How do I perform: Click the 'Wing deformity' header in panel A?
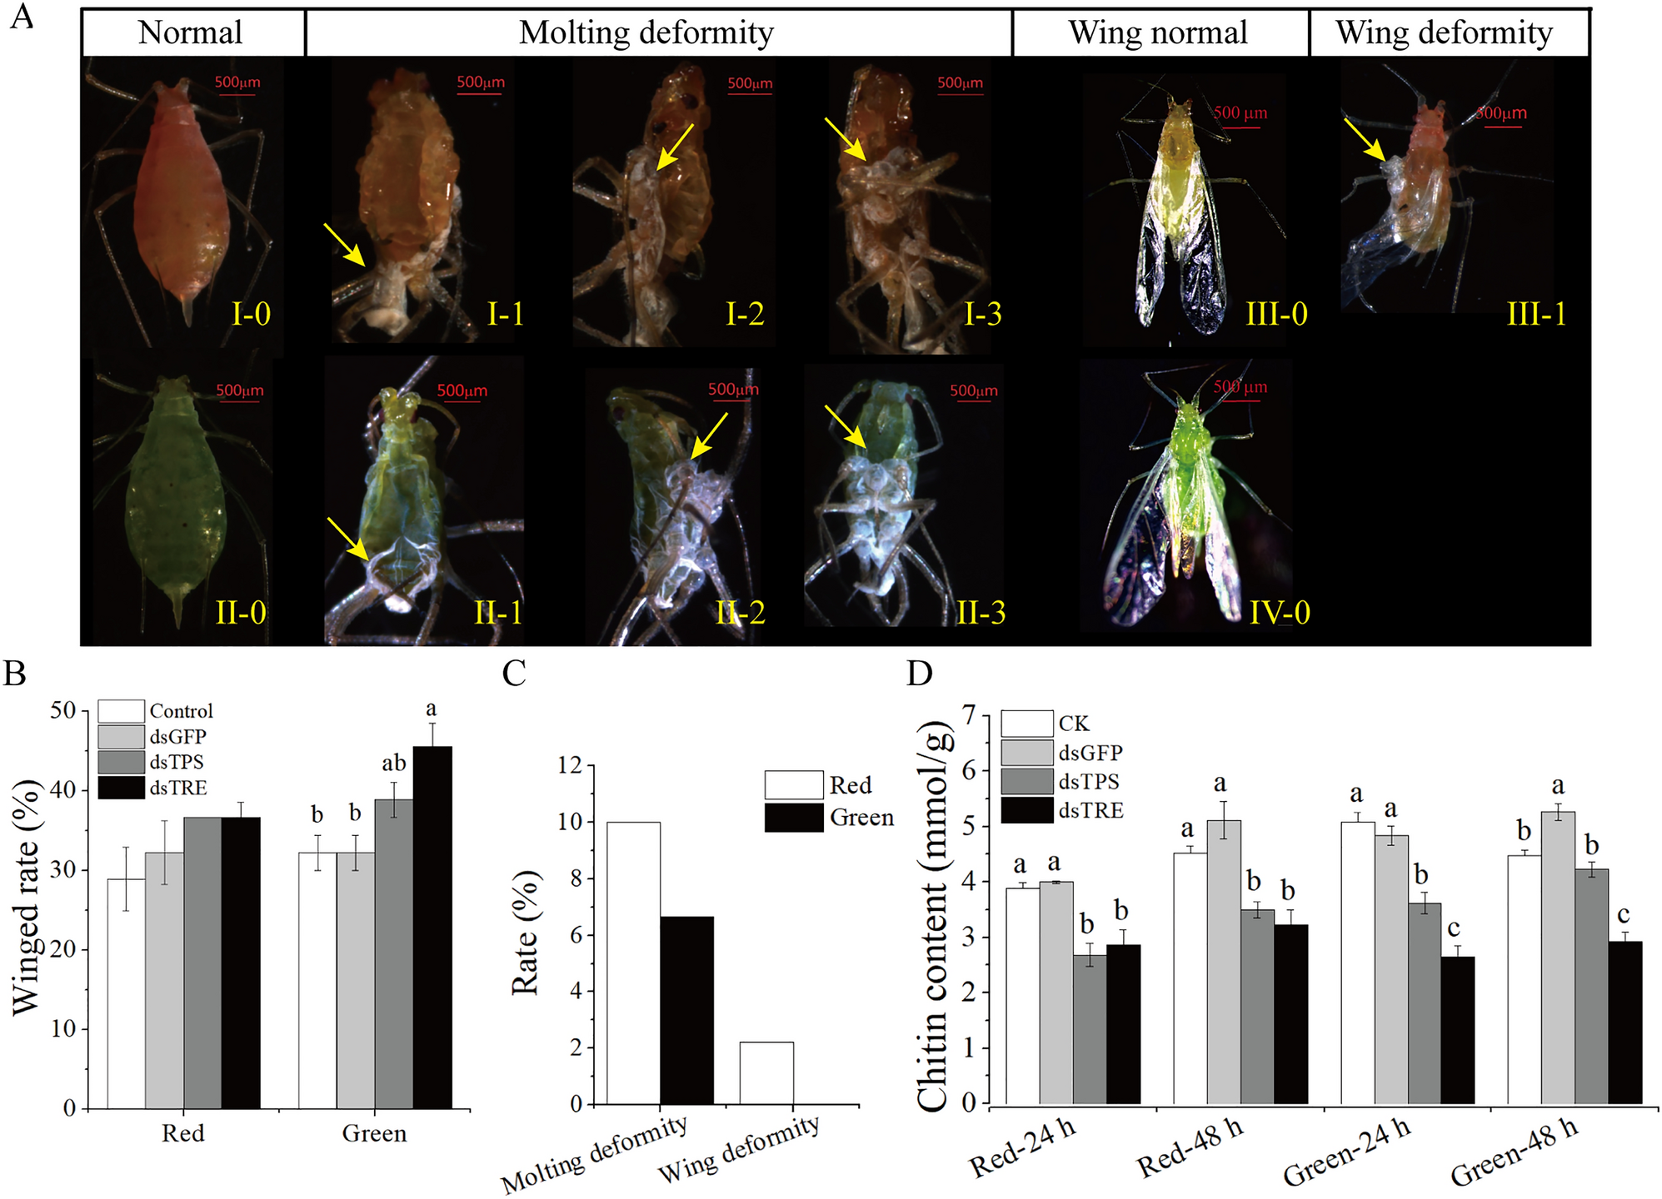point(1444,33)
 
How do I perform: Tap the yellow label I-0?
point(251,315)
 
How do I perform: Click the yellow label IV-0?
point(1280,613)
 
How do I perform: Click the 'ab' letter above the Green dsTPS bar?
point(393,764)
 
